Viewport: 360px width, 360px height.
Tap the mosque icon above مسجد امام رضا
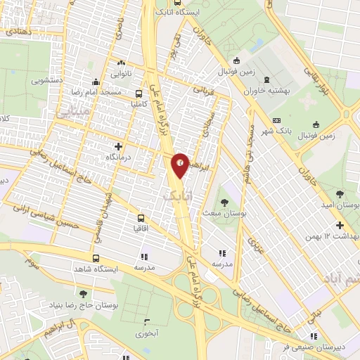96,82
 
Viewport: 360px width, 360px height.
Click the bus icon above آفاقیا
141,218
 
